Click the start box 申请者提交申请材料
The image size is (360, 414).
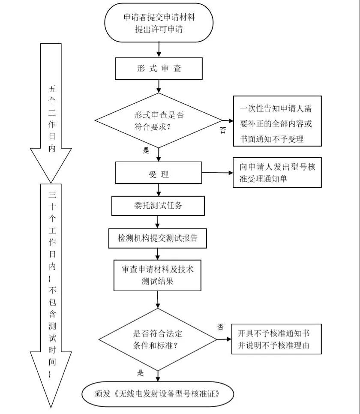(x=159, y=23)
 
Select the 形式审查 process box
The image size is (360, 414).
(x=159, y=69)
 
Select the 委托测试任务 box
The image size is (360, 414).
(x=157, y=205)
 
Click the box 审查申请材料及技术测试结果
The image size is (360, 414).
(x=158, y=275)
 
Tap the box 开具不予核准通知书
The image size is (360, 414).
(x=276, y=339)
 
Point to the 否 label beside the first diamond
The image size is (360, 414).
(x=222, y=130)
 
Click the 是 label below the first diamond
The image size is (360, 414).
(x=146, y=151)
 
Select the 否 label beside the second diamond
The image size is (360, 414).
(x=221, y=327)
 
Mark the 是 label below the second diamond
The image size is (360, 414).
(x=141, y=373)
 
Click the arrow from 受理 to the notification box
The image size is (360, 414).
(x=217, y=173)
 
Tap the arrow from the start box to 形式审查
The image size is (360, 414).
(x=159, y=49)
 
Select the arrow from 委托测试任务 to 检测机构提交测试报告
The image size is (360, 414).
(x=157, y=222)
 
